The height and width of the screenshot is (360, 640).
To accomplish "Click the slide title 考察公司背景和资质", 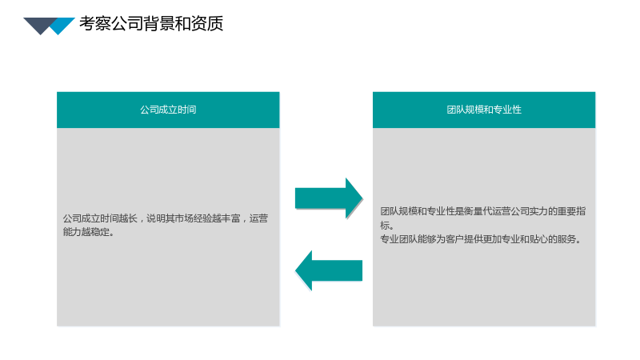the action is pos(151,23).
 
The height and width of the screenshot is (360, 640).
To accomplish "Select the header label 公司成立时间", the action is pos(168,110).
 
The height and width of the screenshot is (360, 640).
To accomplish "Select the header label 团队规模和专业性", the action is pos(484,110).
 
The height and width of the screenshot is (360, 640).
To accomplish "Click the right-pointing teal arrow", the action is pos(329,198).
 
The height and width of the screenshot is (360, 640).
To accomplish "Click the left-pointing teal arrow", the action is pos(329,270).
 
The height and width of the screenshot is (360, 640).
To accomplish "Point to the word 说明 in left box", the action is pos(155,218).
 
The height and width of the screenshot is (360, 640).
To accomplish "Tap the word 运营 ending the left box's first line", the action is pos(258,218).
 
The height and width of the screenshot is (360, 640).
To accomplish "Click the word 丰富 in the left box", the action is pos(230,218).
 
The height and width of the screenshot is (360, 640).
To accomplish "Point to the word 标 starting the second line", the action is pos(385,225).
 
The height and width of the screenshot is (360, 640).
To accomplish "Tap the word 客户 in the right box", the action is pos(455,238).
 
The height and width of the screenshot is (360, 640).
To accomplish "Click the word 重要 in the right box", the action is pos(567,211).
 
